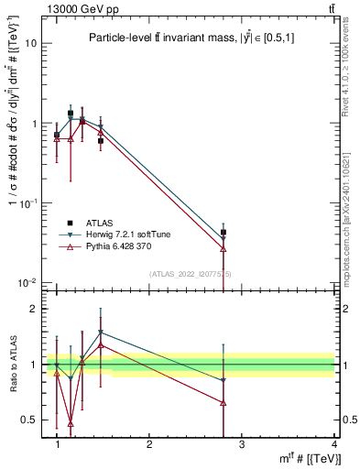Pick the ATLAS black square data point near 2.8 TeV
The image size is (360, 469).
tap(224, 233)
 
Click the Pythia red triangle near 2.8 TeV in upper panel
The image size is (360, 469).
tap(224, 248)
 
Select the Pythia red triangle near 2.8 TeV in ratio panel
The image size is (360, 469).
tap(224, 402)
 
